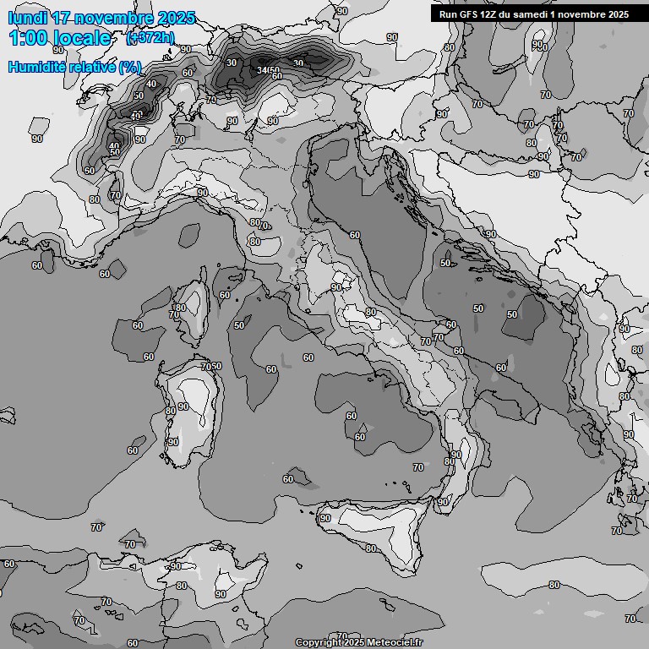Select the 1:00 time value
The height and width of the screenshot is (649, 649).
coord(29,38)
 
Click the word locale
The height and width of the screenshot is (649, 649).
coord(82,38)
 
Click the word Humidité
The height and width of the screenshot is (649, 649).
coord(35,67)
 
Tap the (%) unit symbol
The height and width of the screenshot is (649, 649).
coord(129,67)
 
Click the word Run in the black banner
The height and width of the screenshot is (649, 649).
coord(448,14)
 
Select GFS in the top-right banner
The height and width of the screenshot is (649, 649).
coord(469,14)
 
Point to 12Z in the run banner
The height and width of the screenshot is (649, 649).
coord(492,14)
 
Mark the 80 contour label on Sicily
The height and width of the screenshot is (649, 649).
coord(370,548)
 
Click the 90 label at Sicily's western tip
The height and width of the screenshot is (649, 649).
coord(324,518)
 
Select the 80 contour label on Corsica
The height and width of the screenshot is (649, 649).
coord(181,308)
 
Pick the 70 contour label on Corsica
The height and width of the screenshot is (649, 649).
coord(174,315)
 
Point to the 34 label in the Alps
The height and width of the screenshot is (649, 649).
coord(262,70)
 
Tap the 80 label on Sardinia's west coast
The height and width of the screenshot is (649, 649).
coord(170,412)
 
